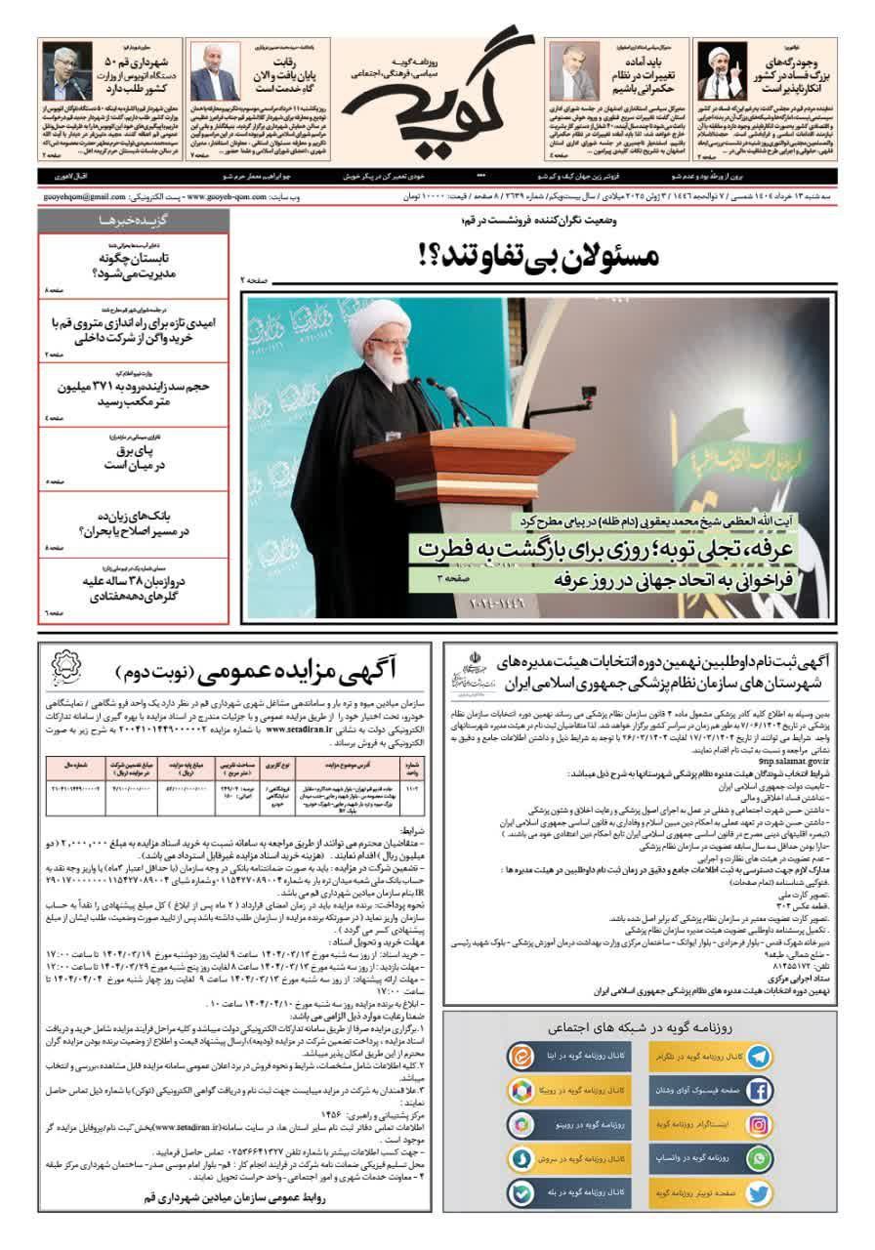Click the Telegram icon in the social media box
click(758, 1057)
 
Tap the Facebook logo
click(758, 1091)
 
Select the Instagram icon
click(758, 1125)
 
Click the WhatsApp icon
click(758, 1159)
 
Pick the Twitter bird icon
click(758, 1192)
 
